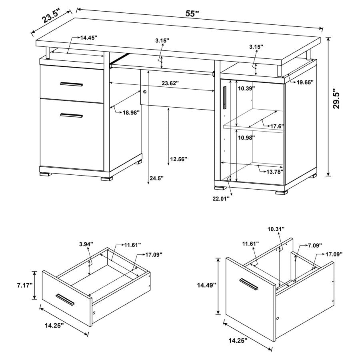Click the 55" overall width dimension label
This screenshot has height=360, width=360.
tap(192, 14)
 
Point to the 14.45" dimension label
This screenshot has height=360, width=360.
tap(89, 38)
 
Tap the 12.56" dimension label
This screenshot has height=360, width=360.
tap(178, 159)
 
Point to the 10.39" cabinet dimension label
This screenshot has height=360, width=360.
tap(246, 88)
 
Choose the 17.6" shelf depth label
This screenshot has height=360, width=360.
tap(277, 126)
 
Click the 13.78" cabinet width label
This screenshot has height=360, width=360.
tap(275, 172)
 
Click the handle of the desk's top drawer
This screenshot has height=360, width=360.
tap(71, 84)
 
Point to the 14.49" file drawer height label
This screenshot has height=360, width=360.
tap(207, 285)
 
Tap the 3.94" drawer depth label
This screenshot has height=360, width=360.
tap(86, 244)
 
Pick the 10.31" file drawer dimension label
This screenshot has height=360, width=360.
tap(276, 229)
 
